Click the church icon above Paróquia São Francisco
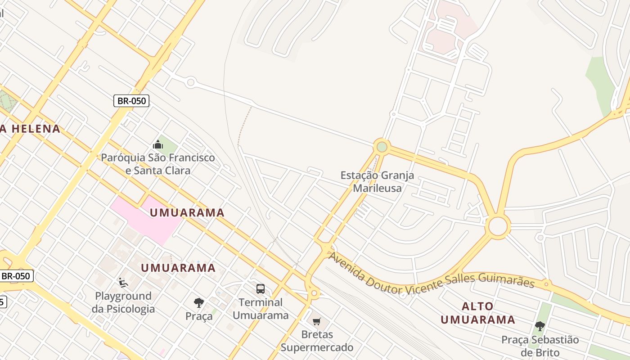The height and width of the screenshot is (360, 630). (158, 144)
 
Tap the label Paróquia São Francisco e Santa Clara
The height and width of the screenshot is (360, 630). (158, 164)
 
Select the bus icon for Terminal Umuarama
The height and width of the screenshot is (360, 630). (261, 289)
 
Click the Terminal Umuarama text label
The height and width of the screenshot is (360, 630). (261, 309)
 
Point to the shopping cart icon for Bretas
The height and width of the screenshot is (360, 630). (317, 321)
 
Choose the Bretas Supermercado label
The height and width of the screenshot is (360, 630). (317, 341)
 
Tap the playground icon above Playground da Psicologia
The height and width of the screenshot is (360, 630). (123, 283)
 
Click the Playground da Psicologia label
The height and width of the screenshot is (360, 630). (123, 302)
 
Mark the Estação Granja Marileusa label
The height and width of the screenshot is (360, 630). (377, 181)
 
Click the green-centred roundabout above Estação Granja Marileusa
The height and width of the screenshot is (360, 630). (382, 147)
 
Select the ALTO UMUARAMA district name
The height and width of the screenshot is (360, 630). (477, 313)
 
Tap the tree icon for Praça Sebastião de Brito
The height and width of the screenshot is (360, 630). (540, 326)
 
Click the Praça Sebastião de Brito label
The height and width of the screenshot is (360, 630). (540, 346)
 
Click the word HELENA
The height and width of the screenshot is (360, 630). (36, 129)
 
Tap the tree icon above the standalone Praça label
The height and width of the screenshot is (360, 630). (199, 303)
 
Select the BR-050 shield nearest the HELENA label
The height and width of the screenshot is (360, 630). (131, 101)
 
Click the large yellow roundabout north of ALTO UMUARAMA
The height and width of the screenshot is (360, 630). (498, 226)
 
